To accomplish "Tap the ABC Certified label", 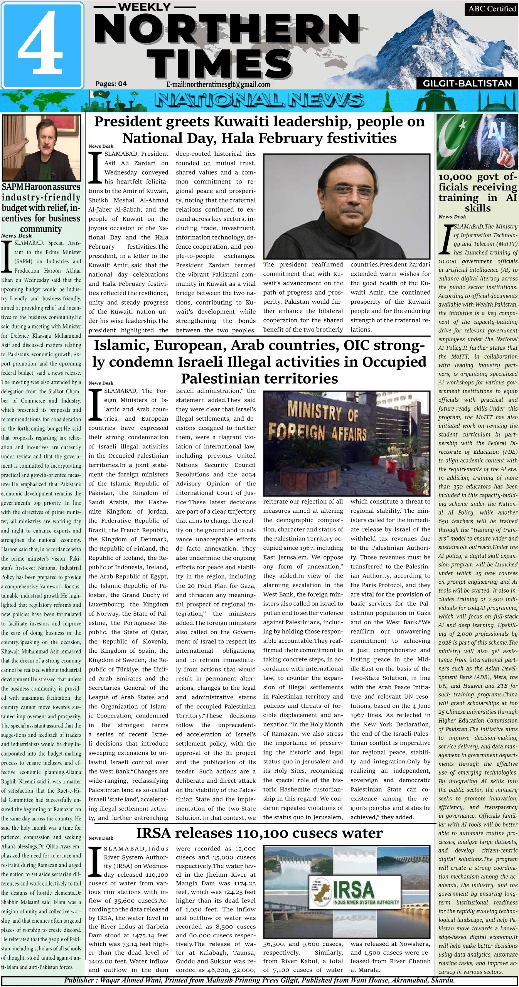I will [x=492, y=8].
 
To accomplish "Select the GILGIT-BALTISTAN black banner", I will [x=467, y=83].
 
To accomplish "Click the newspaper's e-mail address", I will [x=218, y=84].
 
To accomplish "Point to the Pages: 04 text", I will [x=111, y=84].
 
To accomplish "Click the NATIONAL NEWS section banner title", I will [x=259, y=101].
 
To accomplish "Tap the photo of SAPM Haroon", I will [x=41, y=148].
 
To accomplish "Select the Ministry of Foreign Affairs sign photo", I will [x=346, y=443].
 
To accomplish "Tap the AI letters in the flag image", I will [x=496, y=131].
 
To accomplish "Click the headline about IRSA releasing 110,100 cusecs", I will [x=259, y=833].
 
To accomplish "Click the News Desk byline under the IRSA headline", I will [x=101, y=838].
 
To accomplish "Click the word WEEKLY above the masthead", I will [x=144, y=7].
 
